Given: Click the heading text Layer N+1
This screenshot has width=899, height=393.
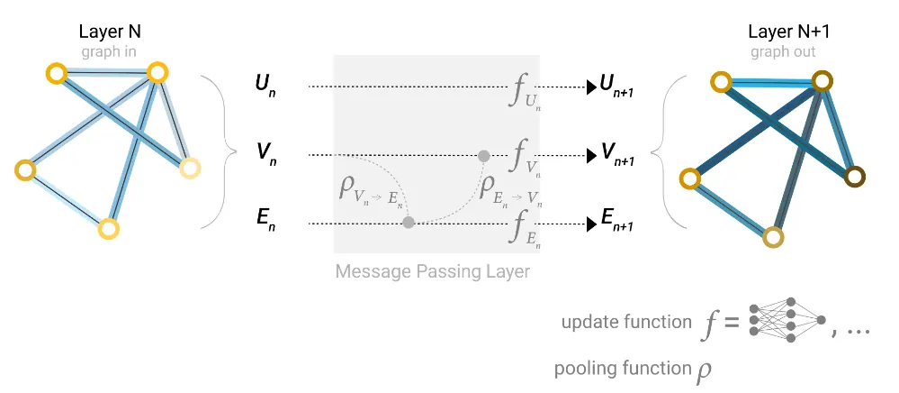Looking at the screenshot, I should click(783, 32).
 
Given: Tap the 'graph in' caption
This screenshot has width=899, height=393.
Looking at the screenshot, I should click(110, 51).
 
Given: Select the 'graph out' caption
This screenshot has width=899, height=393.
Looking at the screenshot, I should click(783, 51).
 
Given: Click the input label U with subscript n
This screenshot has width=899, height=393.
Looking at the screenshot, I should click(265, 87).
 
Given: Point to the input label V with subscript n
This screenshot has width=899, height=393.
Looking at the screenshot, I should click(265, 155).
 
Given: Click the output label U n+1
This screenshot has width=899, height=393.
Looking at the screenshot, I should click(616, 87).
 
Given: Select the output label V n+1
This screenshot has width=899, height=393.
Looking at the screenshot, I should click(616, 154).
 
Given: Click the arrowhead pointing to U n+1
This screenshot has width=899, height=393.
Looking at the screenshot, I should click(590, 87).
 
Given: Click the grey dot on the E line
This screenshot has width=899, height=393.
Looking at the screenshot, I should click(408, 223).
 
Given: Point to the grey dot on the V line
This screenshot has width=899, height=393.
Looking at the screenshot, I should click(484, 155).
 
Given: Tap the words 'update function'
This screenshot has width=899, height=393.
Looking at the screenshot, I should click(626, 323).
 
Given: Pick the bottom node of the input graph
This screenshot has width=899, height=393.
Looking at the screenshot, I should click(108, 229).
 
